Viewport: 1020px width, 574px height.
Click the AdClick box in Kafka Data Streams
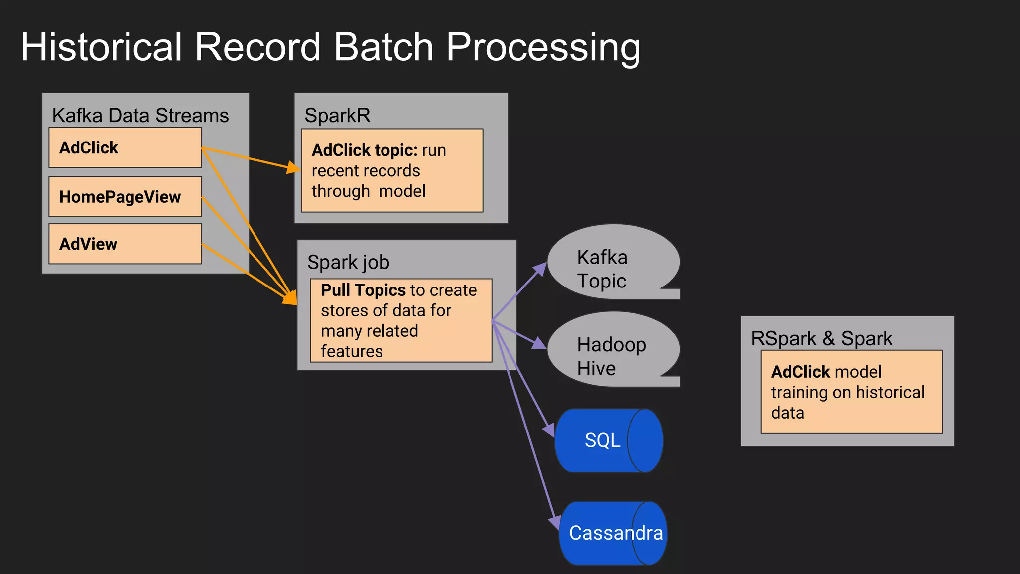pos(125,147)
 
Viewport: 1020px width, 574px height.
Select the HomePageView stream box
pos(125,197)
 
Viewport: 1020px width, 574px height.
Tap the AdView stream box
pos(125,244)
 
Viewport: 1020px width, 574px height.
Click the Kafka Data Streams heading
pos(140,116)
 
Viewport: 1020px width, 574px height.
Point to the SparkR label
pos(337,116)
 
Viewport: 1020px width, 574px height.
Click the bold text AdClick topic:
pos(365,150)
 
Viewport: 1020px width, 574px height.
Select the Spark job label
pos(348,262)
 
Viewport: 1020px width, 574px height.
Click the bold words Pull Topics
pos(363,290)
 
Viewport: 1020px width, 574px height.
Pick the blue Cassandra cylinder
pos(613,533)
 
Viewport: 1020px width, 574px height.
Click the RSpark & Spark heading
pos(821,338)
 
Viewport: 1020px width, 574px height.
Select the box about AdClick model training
pos(851,392)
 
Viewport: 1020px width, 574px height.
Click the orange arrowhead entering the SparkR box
pos(294,168)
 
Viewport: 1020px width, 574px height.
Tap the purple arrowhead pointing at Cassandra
pos(554,522)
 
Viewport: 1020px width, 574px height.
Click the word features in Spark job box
pos(352,351)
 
